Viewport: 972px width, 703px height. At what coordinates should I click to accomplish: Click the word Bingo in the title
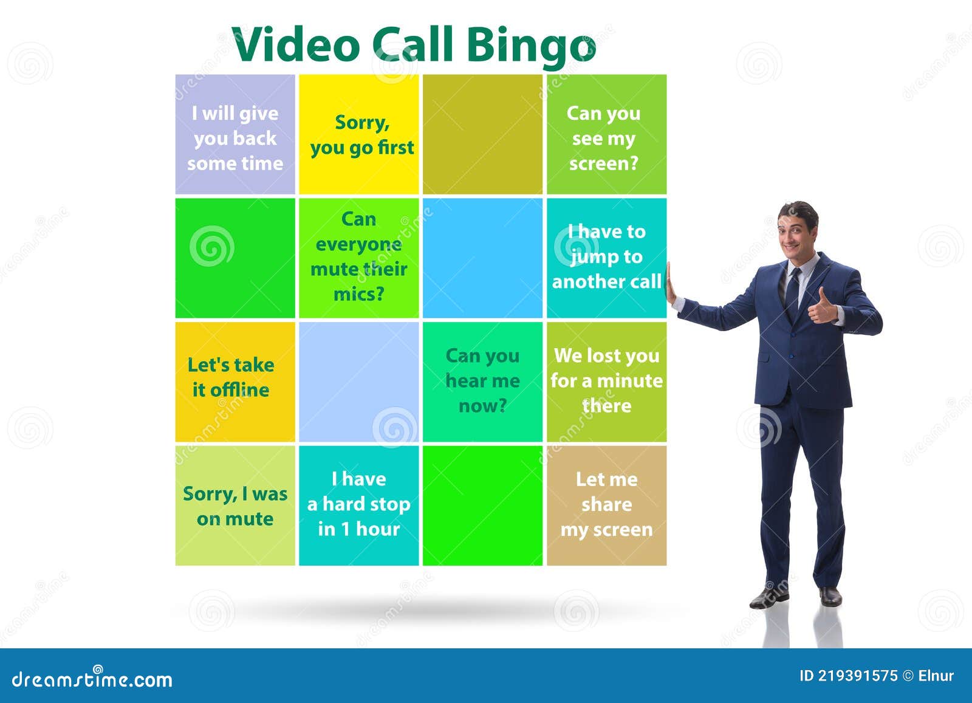pos(531,45)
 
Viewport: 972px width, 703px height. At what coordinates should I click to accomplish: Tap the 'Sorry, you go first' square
pos(359,134)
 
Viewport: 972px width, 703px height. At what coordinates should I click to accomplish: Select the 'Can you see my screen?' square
pos(606,134)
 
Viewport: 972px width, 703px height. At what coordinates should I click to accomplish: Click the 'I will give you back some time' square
pos(235,134)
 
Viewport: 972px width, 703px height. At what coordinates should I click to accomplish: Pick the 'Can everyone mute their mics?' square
pos(359,258)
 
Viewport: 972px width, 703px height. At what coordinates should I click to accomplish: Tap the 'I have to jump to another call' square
pos(606,258)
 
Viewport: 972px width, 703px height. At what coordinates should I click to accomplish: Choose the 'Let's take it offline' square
pos(235,382)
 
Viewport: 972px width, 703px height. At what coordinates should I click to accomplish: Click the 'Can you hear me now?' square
pos(482,382)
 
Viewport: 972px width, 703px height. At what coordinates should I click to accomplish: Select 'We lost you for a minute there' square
pos(606,382)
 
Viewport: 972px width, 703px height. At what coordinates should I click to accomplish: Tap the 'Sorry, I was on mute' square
pos(235,506)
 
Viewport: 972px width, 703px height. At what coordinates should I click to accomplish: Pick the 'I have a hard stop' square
pos(359,506)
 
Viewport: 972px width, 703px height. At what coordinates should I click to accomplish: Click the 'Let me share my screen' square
pos(606,506)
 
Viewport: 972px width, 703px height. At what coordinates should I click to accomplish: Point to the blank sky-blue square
pos(482,258)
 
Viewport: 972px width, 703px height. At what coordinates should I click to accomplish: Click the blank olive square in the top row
pos(482,134)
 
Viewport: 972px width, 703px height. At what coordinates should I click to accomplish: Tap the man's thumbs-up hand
pos(822,307)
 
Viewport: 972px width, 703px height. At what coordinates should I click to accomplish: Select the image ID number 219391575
pos(858,676)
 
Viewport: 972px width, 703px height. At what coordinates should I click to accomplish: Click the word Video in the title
pos(296,45)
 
